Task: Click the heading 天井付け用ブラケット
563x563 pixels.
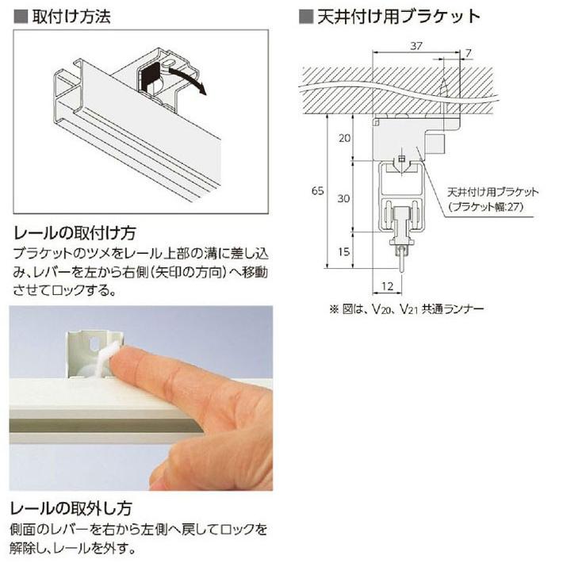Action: click(x=396, y=15)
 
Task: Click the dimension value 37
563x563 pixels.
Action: click(x=417, y=47)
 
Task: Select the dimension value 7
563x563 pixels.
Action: click(x=468, y=52)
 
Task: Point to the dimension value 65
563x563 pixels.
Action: click(x=316, y=190)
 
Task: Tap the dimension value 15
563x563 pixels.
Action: click(x=343, y=252)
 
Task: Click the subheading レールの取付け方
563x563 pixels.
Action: click(x=75, y=233)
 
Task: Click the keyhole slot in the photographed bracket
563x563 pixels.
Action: click(x=96, y=346)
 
